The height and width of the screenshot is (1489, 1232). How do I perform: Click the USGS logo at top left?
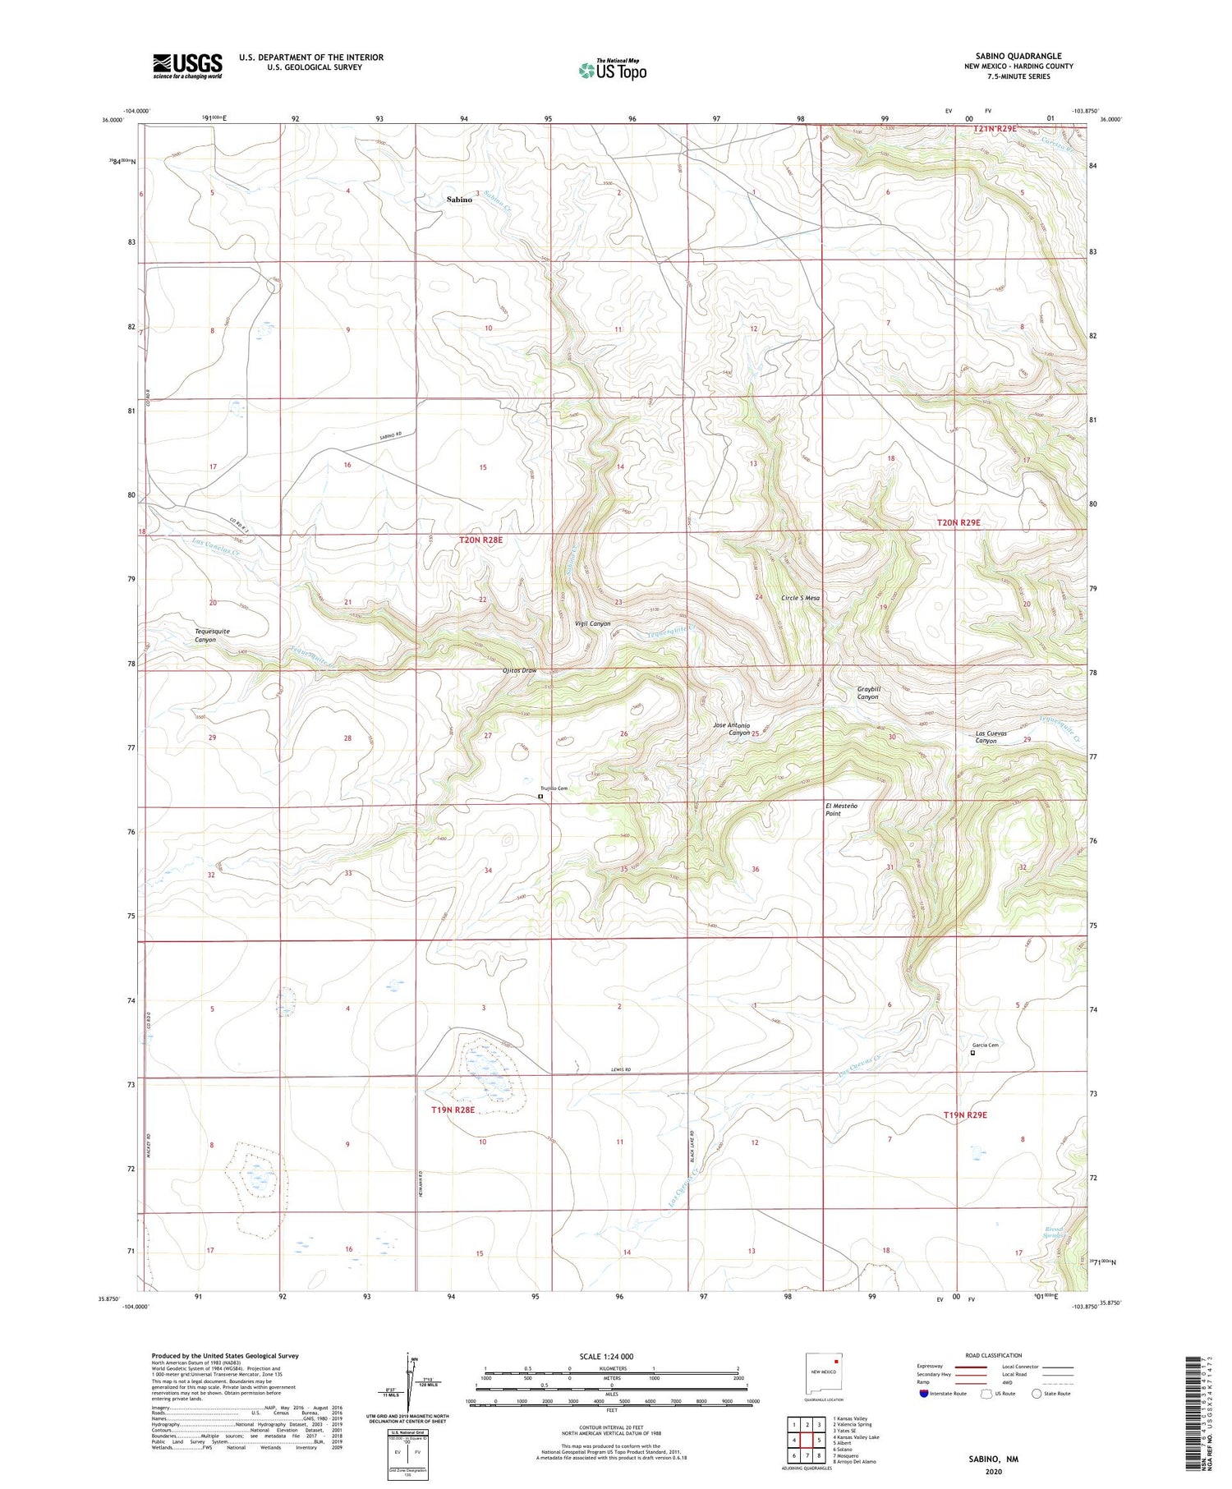pos(187,66)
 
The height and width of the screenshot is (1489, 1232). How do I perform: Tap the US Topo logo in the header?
pos(612,70)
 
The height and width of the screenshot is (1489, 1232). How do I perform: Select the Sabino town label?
pos(459,200)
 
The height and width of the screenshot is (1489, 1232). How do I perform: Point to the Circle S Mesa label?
pos(800,598)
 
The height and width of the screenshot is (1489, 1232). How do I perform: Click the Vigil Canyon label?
pos(592,623)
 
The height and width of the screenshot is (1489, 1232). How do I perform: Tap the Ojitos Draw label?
pos(519,670)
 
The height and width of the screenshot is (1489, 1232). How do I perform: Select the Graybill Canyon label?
pos(868,692)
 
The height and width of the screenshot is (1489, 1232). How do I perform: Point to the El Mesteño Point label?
pos(842,809)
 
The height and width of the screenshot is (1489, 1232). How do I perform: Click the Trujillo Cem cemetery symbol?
pos(540,796)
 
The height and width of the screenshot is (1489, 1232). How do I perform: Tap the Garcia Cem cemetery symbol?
pos(973,1052)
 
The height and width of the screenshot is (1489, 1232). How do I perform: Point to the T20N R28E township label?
pos(480,540)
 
